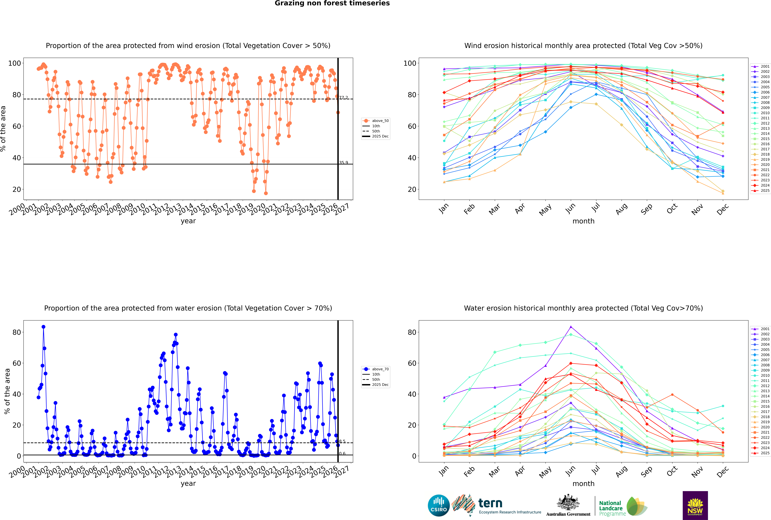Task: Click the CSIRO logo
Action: pyautogui.click(x=439, y=506)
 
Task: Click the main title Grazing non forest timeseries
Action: pyautogui.click(x=332, y=3)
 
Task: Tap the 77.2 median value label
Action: pyautogui.click(x=343, y=98)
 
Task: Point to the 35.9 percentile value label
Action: pyautogui.click(x=343, y=162)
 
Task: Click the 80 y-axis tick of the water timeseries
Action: pyautogui.click(x=17, y=332)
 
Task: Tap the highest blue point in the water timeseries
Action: pyautogui.click(x=43, y=327)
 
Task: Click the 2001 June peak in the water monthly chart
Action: pyautogui.click(x=571, y=327)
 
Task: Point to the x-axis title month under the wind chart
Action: pyautogui.click(x=583, y=221)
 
